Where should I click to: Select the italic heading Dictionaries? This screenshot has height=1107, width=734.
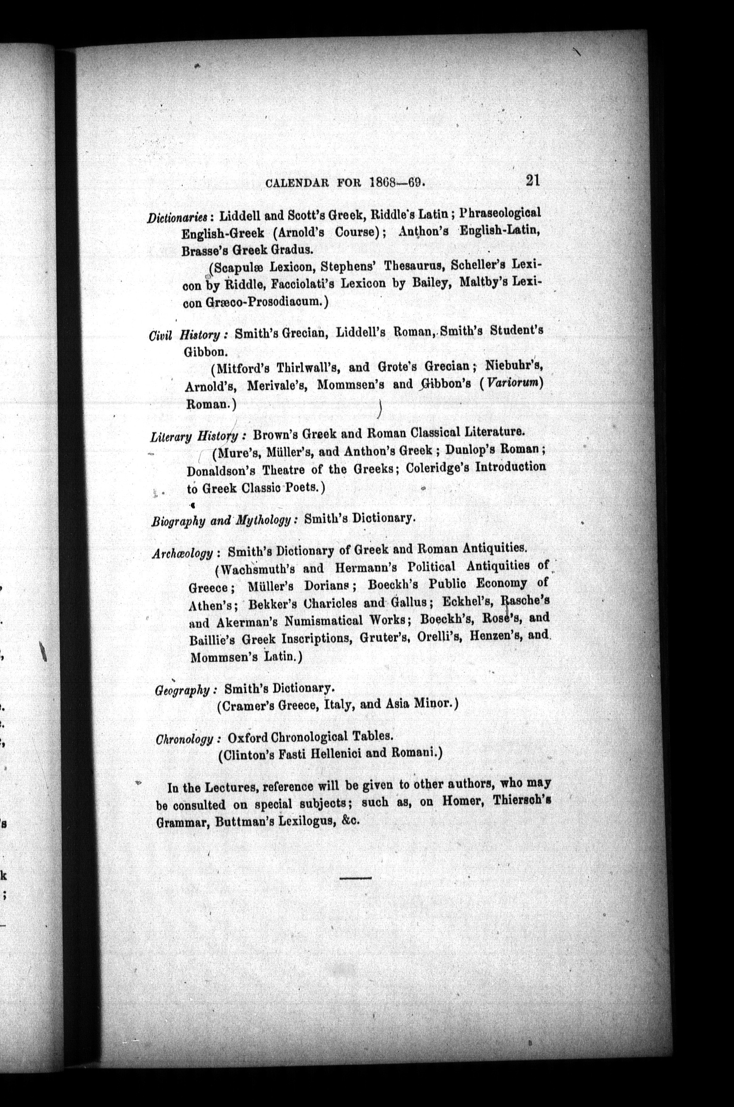point(177,217)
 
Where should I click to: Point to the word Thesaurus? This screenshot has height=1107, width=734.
point(415,265)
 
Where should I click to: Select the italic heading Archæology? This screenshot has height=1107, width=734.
point(183,553)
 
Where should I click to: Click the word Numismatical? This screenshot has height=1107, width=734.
point(323,621)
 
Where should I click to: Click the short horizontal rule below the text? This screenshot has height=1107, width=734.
point(355,878)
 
